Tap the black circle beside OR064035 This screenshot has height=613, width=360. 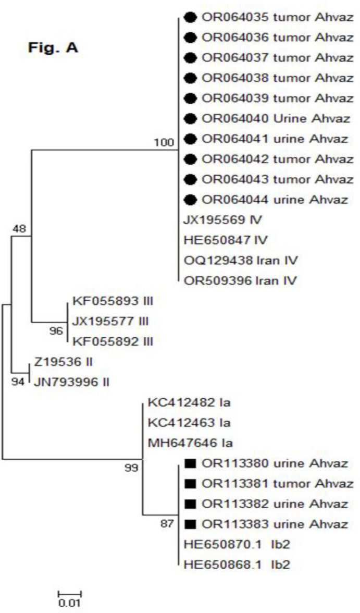click(191, 18)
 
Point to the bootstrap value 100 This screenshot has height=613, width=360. click(163, 142)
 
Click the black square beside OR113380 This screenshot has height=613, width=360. click(191, 463)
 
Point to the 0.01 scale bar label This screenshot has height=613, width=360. click(69, 603)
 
